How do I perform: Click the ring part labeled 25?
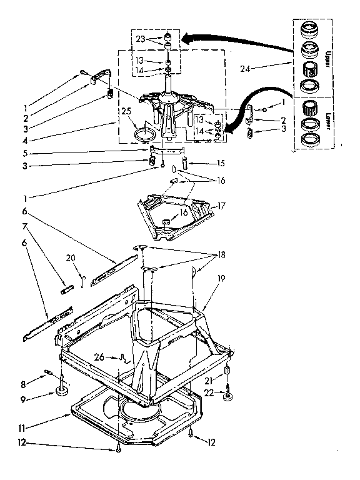(x=146, y=134)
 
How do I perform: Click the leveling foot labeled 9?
(x=63, y=392)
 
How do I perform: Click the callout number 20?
(x=70, y=257)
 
